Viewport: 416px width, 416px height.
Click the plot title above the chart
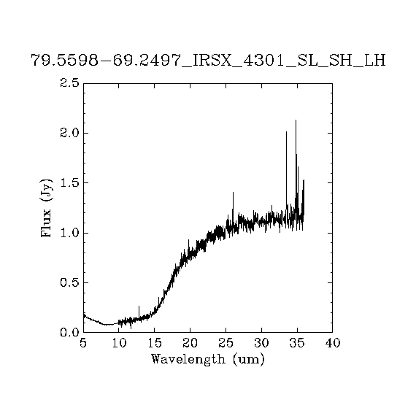208,61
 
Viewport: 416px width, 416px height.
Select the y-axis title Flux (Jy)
46,208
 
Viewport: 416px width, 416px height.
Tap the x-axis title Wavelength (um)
208,359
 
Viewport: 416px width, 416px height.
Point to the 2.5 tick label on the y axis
69,83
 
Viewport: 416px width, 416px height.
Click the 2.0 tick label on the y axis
69,133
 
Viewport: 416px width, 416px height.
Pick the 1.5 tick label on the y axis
69,182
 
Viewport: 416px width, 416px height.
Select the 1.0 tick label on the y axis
69,233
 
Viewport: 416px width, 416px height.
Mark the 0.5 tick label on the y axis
69,283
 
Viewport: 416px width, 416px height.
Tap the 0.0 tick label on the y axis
69,332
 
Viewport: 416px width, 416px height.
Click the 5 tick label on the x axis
83,343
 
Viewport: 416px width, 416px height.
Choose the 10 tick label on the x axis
119,343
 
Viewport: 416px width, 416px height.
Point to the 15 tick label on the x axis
155,343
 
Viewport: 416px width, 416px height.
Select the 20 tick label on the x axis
190,343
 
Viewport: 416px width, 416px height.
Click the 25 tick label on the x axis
226,343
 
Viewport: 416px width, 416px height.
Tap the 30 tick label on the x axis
261,343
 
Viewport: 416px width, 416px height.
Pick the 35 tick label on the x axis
297,343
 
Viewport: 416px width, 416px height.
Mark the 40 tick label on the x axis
333,343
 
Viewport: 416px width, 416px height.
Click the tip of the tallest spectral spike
296,120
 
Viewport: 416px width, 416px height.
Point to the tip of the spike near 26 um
233,192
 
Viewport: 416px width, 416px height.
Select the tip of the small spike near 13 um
139,306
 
